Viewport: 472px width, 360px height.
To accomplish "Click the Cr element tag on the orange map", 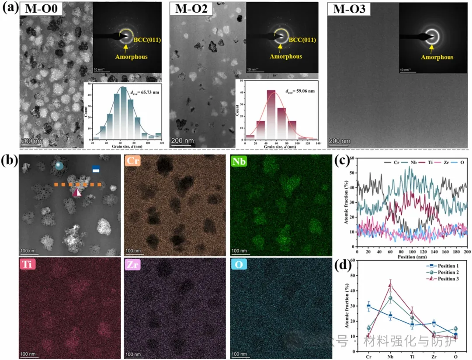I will [x=134, y=161].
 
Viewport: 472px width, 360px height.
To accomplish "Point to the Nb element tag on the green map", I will [x=240, y=161].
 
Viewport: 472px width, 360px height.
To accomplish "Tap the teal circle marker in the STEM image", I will [x=59, y=166].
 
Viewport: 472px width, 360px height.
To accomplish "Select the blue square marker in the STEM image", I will [x=96, y=168].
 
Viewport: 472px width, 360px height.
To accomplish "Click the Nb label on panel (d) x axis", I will [x=390, y=357].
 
